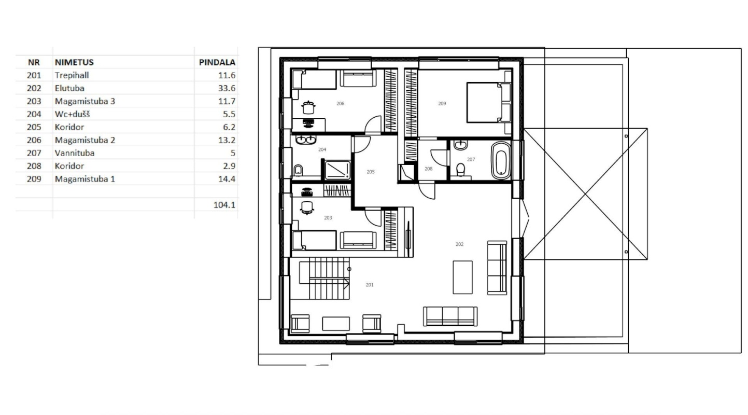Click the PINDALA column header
(217, 62)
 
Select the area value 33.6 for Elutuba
(227, 88)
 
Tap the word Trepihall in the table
(72, 75)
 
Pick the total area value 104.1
(224, 205)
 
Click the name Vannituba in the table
(75, 153)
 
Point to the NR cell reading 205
(34, 127)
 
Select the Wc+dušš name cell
(72, 114)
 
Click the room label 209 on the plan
(442, 104)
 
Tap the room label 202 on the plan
(459, 244)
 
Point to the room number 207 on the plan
(471, 159)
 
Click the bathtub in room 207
(501, 160)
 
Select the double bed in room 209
(489, 103)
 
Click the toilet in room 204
(298, 171)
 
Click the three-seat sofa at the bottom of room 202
(450, 316)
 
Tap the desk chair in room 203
(307, 208)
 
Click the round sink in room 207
(461, 145)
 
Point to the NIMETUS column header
(74, 62)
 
